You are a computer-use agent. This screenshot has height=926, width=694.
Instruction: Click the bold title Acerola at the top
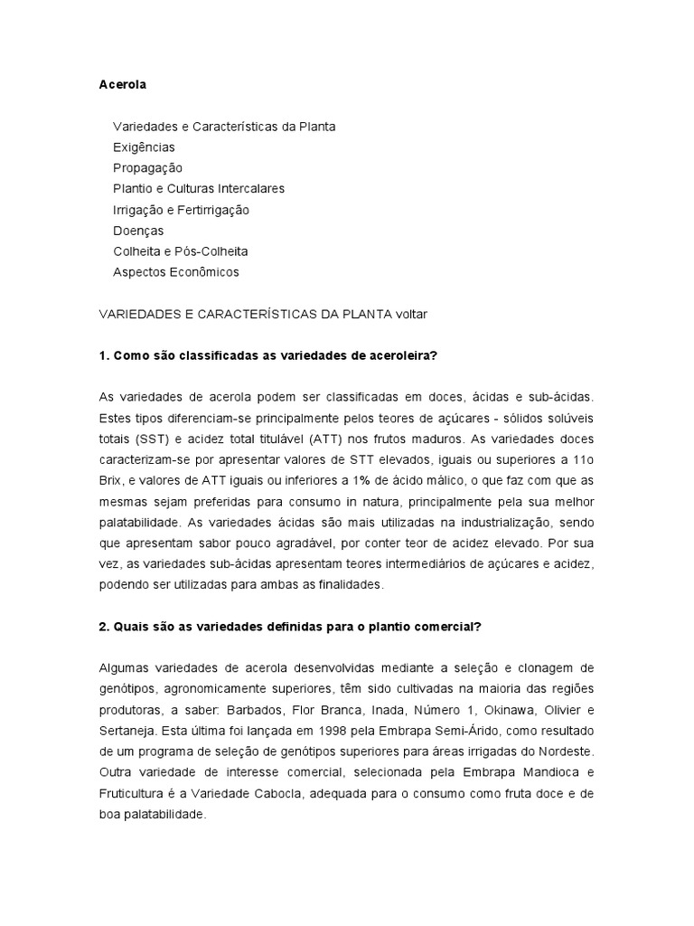coord(122,85)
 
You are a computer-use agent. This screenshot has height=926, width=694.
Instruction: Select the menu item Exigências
coord(144,147)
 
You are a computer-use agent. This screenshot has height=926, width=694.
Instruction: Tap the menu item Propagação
coord(147,168)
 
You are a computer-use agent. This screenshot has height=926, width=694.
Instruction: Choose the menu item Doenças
coord(138,231)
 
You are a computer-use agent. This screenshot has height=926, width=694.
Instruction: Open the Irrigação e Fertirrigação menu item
coord(181,210)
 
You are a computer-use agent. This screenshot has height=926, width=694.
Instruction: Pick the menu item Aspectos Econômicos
coord(176,271)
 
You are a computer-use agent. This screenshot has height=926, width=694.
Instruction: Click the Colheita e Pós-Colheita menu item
coord(180,251)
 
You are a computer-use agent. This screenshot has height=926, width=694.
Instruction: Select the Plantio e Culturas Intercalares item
coord(199,189)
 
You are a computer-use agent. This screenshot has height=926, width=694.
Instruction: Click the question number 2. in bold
coord(105,627)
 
